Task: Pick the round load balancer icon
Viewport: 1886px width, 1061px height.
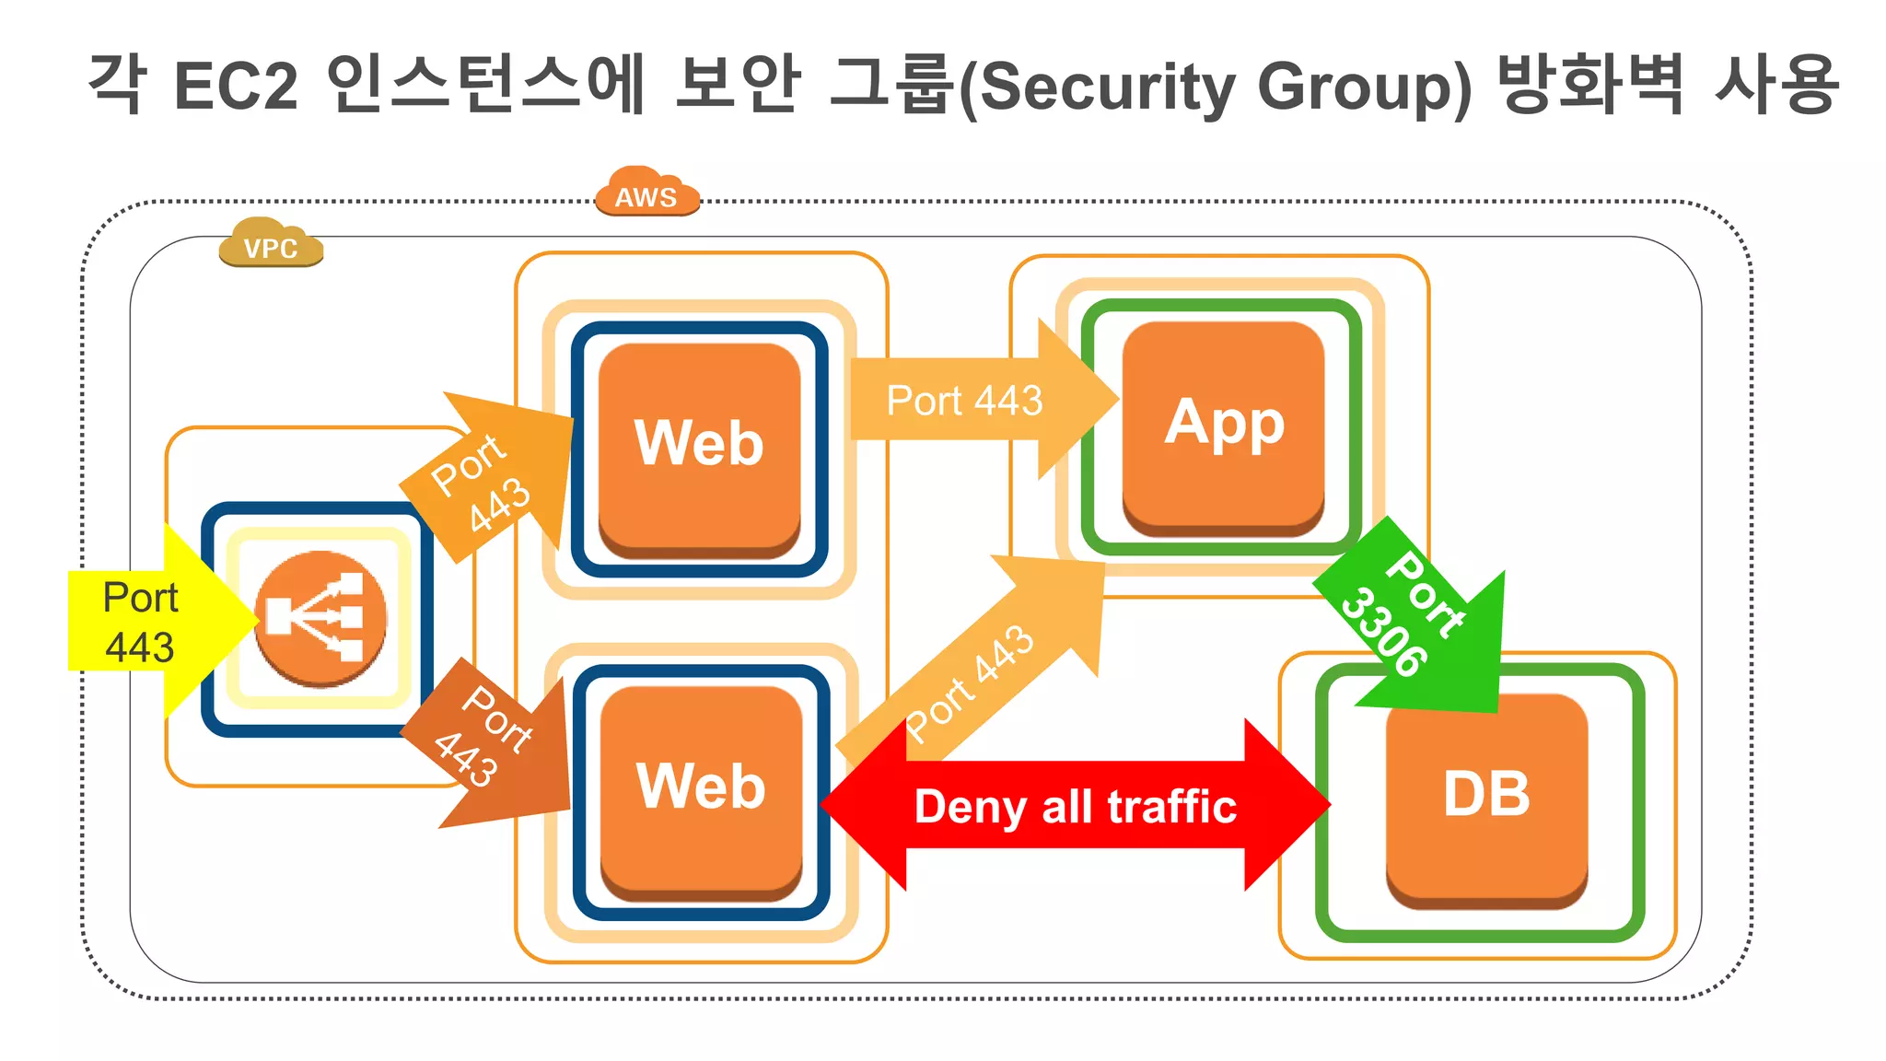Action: (x=320, y=618)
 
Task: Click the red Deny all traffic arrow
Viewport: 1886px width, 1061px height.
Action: (x=1075, y=806)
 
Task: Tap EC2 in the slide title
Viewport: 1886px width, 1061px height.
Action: (x=236, y=87)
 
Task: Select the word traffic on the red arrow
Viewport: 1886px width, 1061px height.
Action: (x=1171, y=807)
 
